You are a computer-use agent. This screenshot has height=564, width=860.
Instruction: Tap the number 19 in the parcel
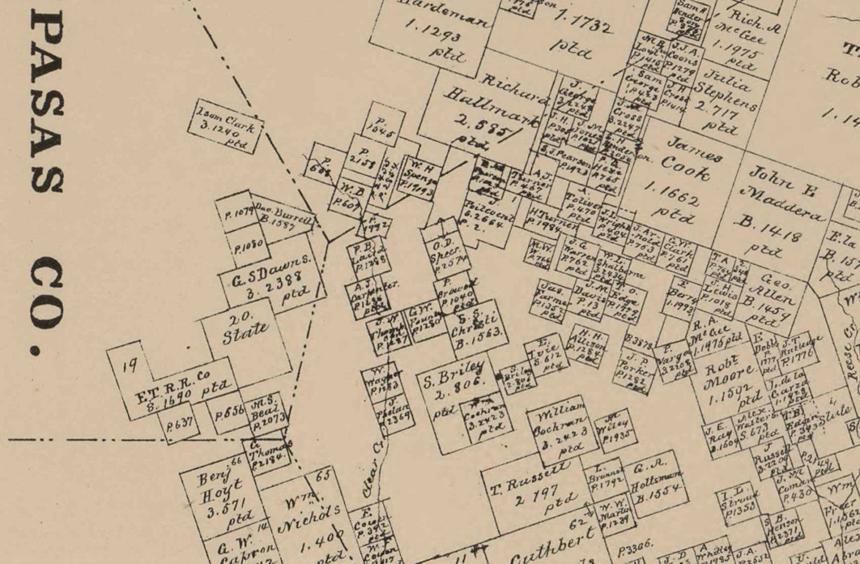tap(129, 366)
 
